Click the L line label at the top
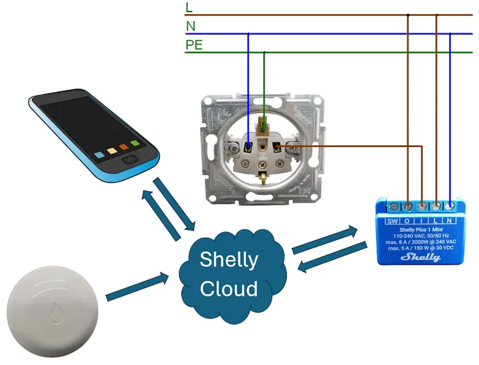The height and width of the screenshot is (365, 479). coord(188,8)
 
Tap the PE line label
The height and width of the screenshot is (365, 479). coord(194,45)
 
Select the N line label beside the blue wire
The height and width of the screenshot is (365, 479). coord(190,26)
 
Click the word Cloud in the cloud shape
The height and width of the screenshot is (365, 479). coord(229,288)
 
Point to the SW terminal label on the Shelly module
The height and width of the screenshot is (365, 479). coord(392,221)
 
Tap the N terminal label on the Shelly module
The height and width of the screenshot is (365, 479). coord(451,221)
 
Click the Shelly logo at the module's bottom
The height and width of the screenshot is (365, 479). coord(420,257)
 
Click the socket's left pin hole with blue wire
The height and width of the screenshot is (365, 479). coord(248,148)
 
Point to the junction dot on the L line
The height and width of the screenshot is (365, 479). coord(407,15)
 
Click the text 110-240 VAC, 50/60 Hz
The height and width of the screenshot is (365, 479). coord(421,235)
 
